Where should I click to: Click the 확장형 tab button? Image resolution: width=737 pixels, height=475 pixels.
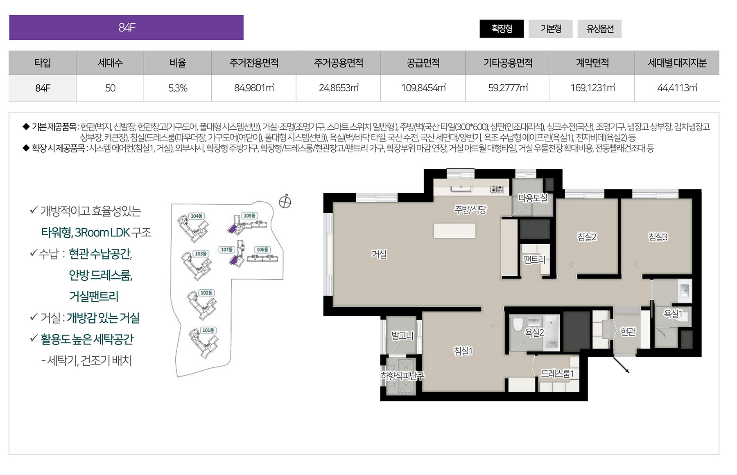[x=502, y=29]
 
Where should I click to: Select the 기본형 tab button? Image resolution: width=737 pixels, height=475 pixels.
[x=551, y=29]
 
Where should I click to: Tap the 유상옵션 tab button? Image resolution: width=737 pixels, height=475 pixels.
[x=599, y=29]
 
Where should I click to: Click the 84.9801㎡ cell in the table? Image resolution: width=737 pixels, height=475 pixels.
[x=254, y=88]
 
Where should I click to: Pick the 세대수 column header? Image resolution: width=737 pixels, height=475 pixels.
[x=110, y=63]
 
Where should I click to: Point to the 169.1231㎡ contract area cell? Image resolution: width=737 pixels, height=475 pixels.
[x=592, y=88]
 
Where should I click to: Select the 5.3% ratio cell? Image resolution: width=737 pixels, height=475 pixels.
[x=178, y=88]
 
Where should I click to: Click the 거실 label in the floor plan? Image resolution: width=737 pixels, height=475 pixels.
[x=379, y=254]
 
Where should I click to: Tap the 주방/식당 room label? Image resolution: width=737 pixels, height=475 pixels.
[x=470, y=209]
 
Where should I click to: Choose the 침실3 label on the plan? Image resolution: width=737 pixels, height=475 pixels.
[x=658, y=236]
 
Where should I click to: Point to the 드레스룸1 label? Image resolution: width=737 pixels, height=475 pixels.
[x=558, y=374]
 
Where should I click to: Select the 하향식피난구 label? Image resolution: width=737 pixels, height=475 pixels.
[x=402, y=376]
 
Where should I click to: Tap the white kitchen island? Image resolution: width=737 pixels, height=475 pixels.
[x=454, y=230]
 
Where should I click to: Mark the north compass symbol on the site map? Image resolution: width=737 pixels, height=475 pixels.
[x=285, y=201]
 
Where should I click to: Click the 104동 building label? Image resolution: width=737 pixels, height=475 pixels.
[x=197, y=216]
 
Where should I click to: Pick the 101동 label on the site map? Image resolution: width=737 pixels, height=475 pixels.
[x=208, y=330]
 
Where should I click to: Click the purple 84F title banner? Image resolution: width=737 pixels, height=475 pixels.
[x=126, y=27]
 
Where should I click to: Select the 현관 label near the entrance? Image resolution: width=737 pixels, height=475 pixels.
[x=628, y=331]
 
